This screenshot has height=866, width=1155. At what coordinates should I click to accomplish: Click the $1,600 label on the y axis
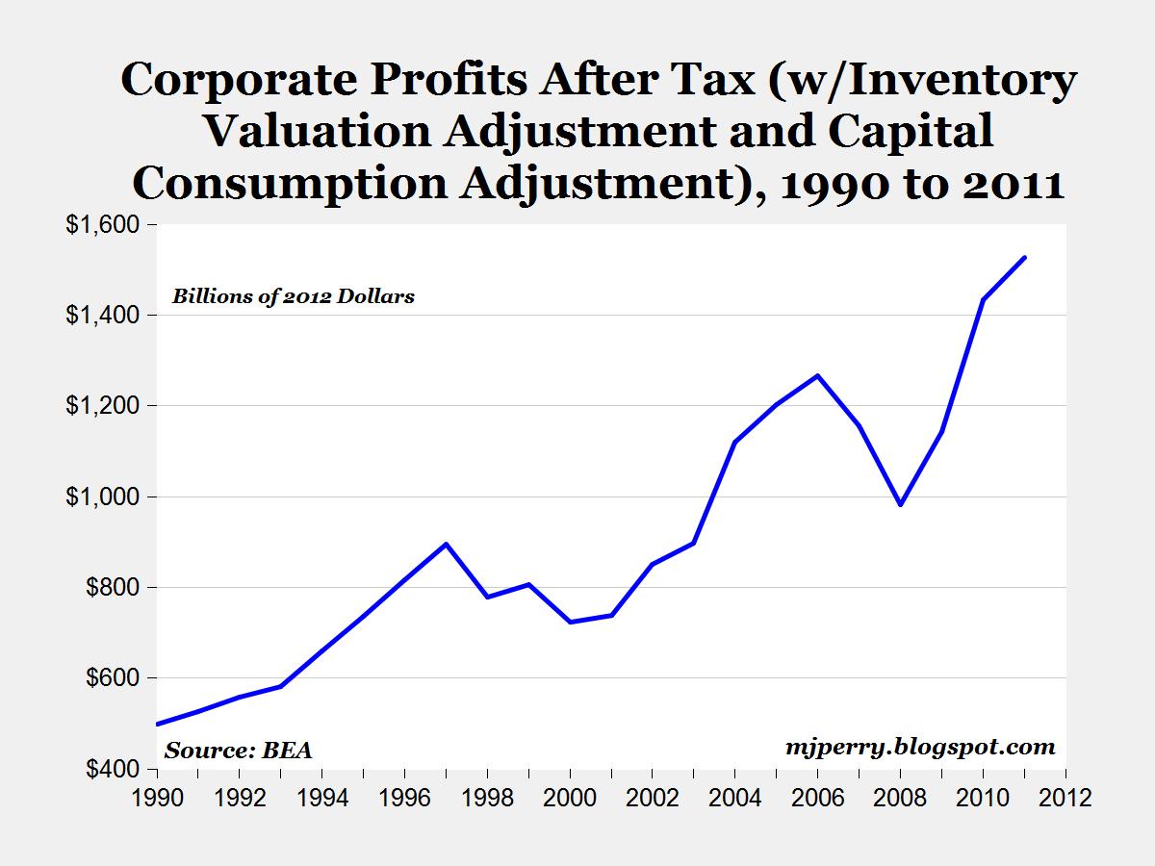click(x=102, y=224)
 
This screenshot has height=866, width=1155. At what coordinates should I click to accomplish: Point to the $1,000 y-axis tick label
click(x=102, y=497)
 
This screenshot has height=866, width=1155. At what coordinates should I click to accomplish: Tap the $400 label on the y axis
click(x=113, y=769)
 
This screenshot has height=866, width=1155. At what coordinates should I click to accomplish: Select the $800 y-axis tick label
click(x=113, y=587)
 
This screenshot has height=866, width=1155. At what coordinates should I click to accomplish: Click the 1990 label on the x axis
click(x=157, y=798)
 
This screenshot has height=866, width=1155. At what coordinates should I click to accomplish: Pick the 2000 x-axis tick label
click(x=570, y=798)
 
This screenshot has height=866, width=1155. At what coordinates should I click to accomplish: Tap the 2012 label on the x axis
click(x=1065, y=798)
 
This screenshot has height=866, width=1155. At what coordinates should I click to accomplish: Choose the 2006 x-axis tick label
click(x=818, y=798)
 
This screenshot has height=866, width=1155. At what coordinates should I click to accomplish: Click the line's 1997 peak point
click(x=447, y=544)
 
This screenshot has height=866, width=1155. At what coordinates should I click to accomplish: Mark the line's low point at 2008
click(x=901, y=505)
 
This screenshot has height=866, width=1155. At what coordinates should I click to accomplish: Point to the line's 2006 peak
click(x=818, y=375)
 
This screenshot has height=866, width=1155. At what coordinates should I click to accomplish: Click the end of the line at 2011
click(x=1024, y=257)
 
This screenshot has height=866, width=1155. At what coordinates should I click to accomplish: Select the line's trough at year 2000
click(x=571, y=622)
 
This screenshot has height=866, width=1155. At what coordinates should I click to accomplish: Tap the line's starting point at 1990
click(x=158, y=724)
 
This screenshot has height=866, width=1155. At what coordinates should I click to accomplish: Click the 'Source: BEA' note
click(x=239, y=751)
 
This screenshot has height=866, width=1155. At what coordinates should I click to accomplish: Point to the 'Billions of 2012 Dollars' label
click(x=294, y=296)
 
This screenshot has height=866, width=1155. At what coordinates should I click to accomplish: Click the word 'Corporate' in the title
click(x=240, y=80)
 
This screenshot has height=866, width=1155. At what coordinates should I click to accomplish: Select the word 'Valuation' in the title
click(x=318, y=131)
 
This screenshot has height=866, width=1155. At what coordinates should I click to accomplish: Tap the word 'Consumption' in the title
click(x=290, y=184)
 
